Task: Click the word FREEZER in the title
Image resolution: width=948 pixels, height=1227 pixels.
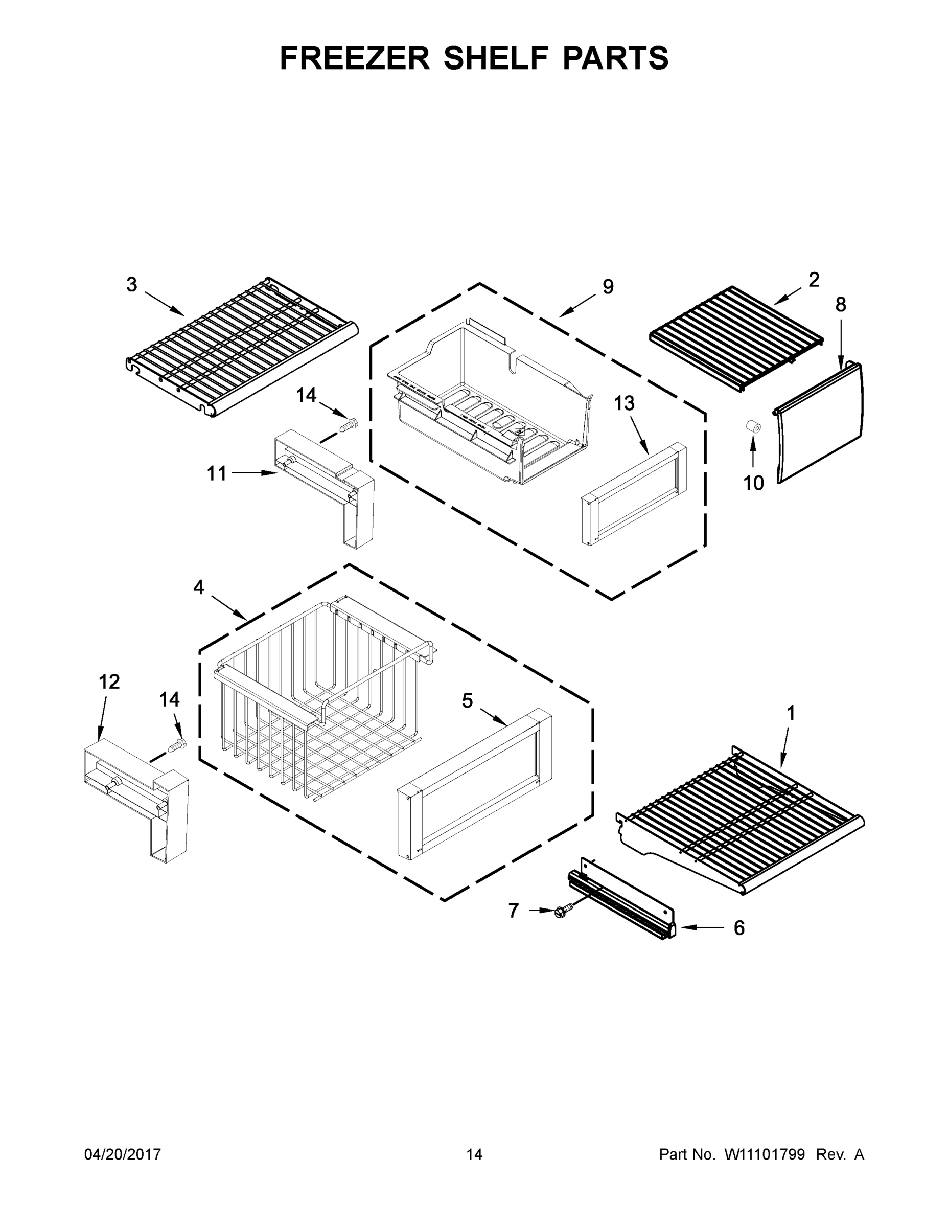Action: pyautogui.click(x=355, y=58)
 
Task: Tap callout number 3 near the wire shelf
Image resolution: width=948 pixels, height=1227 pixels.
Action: pyautogui.click(x=131, y=285)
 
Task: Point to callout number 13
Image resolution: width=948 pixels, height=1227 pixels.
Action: pyautogui.click(x=624, y=403)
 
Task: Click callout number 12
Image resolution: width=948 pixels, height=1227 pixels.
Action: pyautogui.click(x=109, y=681)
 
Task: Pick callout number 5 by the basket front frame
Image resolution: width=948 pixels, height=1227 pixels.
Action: pyautogui.click(x=467, y=700)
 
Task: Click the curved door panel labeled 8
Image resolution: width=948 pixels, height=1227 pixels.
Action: pyautogui.click(x=819, y=424)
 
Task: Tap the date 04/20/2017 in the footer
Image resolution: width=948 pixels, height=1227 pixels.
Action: pyautogui.click(x=123, y=1154)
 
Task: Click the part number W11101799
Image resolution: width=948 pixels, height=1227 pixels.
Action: pyautogui.click(x=765, y=1154)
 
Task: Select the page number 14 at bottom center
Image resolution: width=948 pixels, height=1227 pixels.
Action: pyautogui.click(x=474, y=1154)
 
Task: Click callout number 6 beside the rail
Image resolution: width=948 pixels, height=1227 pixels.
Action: pyautogui.click(x=739, y=928)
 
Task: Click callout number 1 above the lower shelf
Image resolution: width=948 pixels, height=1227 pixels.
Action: pyautogui.click(x=791, y=714)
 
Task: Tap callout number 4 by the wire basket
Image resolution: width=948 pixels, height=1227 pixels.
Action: pyautogui.click(x=199, y=587)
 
